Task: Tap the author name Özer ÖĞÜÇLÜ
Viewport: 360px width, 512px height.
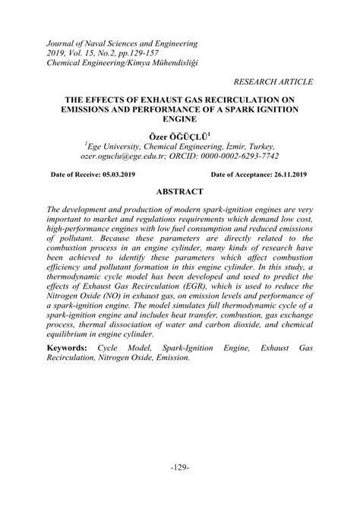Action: tap(178, 134)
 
